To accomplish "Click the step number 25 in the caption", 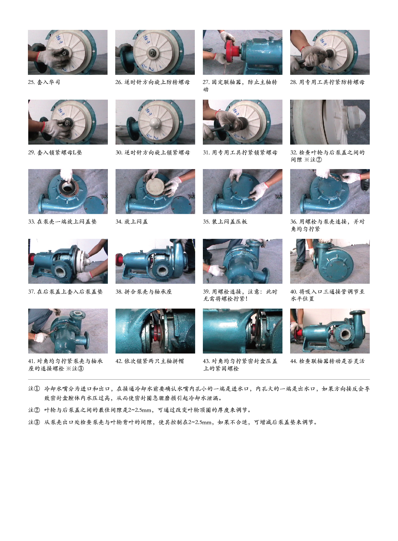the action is (31, 82).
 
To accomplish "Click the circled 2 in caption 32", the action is (319, 160).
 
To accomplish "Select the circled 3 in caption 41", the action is (81, 369).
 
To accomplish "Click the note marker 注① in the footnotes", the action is (34, 389).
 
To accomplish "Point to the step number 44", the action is (294, 361).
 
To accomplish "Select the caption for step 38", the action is (143, 292).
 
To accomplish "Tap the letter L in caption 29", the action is (74, 152).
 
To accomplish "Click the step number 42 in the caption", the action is (119, 361).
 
